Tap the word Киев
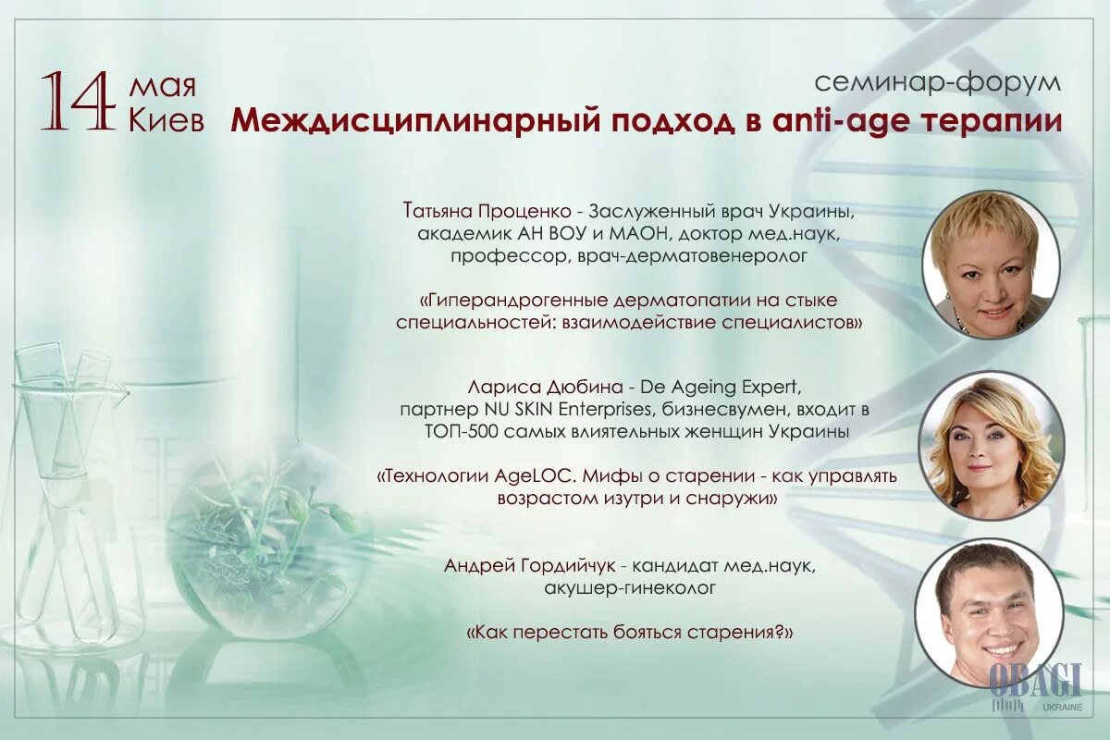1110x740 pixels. click(166, 120)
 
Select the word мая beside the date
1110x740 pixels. click(162, 87)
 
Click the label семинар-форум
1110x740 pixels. click(938, 81)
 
